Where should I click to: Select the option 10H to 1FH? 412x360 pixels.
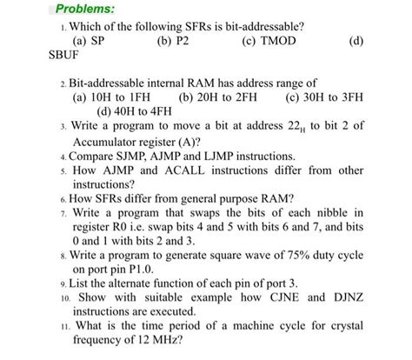coord(113,97)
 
